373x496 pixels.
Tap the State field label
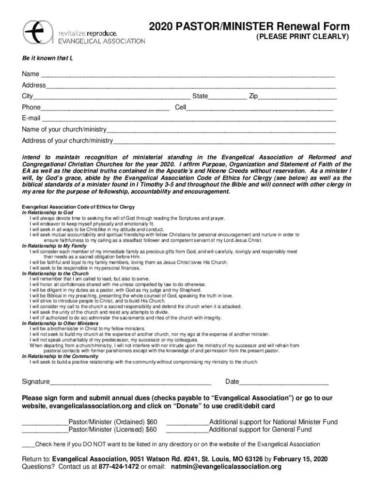pyautogui.click(x=200, y=96)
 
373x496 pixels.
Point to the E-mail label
pyautogui.click(x=31, y=118)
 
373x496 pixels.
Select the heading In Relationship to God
pyautogui.click(x=47, y=213)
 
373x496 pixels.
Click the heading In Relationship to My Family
pyautogui.click(x=54, y=246)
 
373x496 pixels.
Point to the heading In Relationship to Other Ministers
pyautogui.click(x=60, y=323)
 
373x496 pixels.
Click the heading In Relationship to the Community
pyautogui.click(x=60, y=356)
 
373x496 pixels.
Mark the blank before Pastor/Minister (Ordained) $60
pyautogui.click(x=45, y=424)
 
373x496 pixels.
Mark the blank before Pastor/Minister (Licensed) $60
pyautogui.click(x=45, y=432)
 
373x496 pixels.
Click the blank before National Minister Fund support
pyautogui.click(x=187, y=424)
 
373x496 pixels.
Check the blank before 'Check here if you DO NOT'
pyautogui.click(x=29, y=447)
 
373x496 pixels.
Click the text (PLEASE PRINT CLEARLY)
pyautogui.click(x=302, y=37)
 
